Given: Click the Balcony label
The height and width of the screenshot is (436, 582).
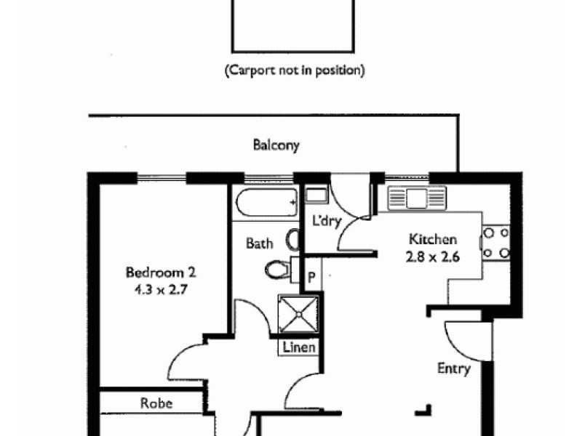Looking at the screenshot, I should click(276, 145).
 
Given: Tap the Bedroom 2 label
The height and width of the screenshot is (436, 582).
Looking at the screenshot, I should click(161, 273).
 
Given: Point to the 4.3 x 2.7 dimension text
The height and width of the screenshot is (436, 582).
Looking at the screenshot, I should click(161, 288).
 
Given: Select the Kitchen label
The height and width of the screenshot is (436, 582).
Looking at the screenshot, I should click(432, 240).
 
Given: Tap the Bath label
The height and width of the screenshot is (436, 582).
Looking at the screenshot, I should click(259, 243).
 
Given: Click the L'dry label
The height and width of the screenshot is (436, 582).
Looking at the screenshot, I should click(326, 221).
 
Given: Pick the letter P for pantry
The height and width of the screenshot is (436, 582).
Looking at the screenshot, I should click(311, 277).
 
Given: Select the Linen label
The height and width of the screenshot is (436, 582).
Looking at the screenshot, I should click(299, 347).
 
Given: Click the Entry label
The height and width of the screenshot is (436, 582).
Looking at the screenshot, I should click(453, 368).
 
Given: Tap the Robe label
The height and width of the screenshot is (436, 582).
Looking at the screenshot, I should click(156, 403).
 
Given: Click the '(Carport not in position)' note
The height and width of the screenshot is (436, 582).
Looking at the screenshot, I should click(294, 71).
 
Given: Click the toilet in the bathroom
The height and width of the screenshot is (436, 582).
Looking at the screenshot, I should click(278, 270).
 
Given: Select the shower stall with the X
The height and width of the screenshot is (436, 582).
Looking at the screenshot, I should click(298, 314).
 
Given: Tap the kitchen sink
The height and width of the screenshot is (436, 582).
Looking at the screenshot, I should click(416, 198).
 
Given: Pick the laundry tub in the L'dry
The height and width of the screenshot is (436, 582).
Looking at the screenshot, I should click(316, 195).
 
